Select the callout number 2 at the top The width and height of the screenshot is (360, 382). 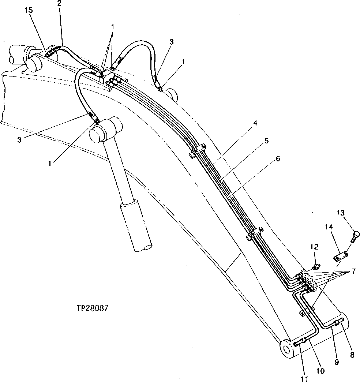click(x=59, y=4)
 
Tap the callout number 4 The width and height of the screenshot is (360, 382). click(x=255, y=123)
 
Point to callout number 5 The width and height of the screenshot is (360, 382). click(x=267, y=141)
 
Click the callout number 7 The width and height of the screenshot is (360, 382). click(x=353, y=271)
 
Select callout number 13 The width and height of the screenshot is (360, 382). click(x=341, y=213)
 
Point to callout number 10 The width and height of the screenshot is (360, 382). click(x=320, y=371)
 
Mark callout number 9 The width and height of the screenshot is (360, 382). click(x=337, y=362)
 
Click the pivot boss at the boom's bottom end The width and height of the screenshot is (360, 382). click(x=287, y=348)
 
